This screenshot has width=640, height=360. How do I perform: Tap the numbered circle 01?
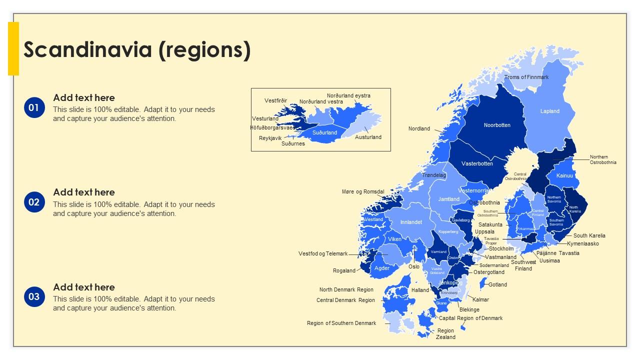(x=33, y=107)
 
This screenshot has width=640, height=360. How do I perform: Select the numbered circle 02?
(x=33, y=202)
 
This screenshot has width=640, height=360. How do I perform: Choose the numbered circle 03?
(x=33, y=297)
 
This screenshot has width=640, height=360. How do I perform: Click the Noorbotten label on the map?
(x=497, y=125)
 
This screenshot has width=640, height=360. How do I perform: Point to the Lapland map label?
(x=549, y=111)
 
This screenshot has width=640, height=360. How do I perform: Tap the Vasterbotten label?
(x=477, y=163)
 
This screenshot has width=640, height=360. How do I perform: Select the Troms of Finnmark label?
(x=526, y=77)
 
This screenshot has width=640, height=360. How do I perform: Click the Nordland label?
(x=419, y=128)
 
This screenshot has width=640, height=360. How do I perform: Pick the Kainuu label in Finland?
(x=564, y=175)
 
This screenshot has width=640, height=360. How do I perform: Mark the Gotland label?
(x=497, y=284)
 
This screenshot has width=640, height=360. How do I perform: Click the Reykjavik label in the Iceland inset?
(x=270, y=138)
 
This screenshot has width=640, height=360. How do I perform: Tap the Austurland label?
(x=368, y=137)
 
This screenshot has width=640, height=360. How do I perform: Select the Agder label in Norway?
(x=382, y=268)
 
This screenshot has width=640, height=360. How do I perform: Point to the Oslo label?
(x=414, y=266)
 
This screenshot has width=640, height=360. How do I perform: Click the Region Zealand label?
(x=445, y=333)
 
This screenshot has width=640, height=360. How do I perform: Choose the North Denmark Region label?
(x=346, y=289)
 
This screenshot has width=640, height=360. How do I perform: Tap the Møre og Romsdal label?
(x=363, y=191)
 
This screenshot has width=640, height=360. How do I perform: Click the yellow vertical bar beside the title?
(x=13, y=48)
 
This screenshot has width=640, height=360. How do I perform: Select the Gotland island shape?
(x=482, y=284)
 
